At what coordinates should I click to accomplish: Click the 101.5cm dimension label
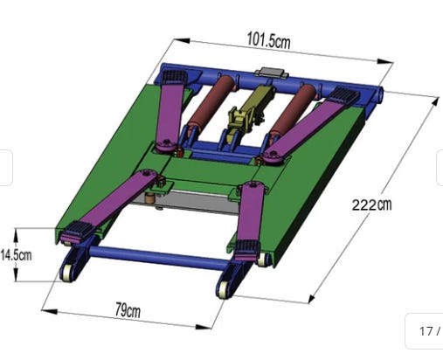pos(268,40)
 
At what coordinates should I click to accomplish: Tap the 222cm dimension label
pos(371,204)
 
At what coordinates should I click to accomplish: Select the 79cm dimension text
pos(128,310)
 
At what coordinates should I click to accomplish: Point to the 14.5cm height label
pos(16,255)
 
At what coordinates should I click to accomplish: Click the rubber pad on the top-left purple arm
pos(174,77)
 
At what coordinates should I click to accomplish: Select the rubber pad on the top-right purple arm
pos(343,94)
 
